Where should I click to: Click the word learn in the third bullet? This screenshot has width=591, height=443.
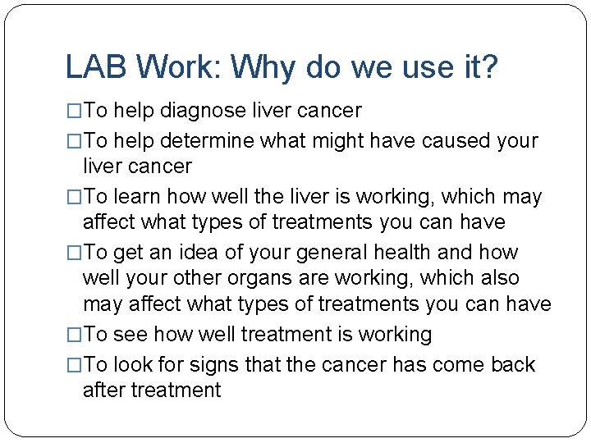(x=138, y=197)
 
